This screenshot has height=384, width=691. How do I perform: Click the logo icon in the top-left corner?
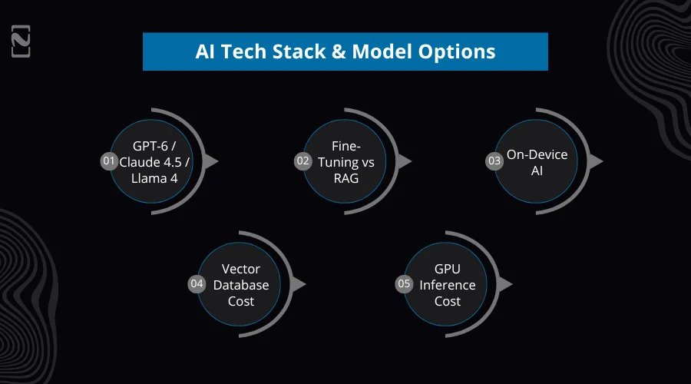click(21, 43)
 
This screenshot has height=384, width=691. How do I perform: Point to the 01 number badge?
click(109, 161)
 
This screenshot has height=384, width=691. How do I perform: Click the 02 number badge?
click(303, 161)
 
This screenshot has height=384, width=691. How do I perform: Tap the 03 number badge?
click(494, 161)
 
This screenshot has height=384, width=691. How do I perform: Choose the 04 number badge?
click(197, 284)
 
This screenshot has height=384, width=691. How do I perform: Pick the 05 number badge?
click(404, 284)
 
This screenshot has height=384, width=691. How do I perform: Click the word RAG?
click(345, 177)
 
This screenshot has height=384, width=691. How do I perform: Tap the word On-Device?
click(537, 154)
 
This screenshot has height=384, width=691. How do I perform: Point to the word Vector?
click(241, 270)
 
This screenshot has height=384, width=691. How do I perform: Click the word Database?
click(241, 285)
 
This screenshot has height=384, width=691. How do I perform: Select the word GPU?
click(448, 270)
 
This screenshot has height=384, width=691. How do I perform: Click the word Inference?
click(448, 285)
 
